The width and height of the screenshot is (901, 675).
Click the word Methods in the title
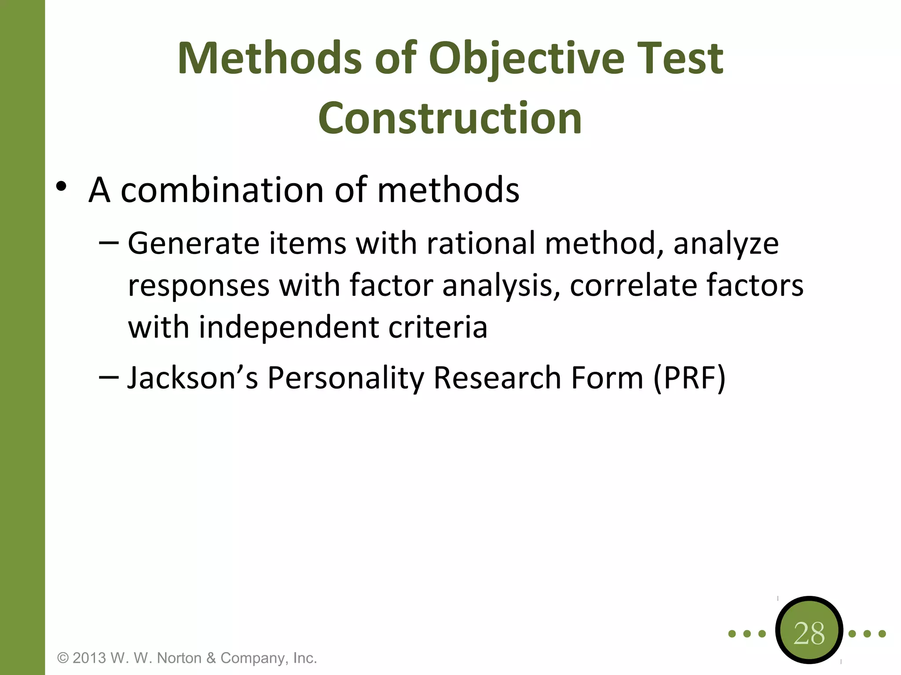pos(269,58)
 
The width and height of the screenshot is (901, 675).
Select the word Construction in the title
pos(450,118)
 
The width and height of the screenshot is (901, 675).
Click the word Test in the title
pos(680,58)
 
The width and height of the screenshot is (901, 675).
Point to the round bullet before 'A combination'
pos(61,186)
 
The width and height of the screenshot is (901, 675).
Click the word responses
pos(198,286)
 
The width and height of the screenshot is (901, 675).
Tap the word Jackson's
pos(192,377)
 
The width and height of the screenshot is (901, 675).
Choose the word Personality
pos(345,377)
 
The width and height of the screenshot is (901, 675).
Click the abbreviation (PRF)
pos(689,377)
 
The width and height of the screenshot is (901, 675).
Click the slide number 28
pos(809,633)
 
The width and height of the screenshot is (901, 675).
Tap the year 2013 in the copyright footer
pos(89,658)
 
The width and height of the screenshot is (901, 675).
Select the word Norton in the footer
pos(179,658)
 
